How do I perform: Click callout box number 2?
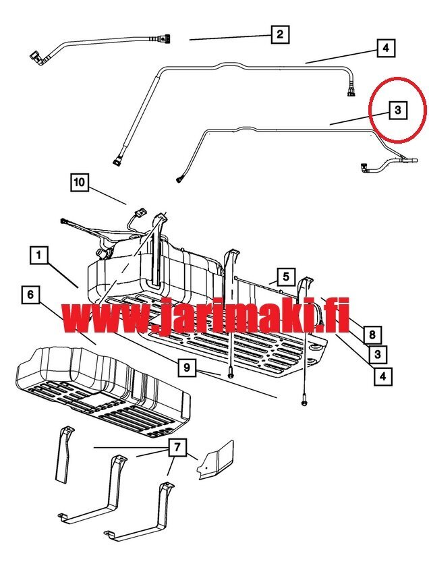[280, 34]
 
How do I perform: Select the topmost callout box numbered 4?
[387, 48]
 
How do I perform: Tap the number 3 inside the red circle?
[398, 110]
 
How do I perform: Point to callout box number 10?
[79, 182]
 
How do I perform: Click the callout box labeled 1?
[39, 255]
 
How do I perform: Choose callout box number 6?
[30, 294]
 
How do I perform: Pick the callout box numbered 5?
[286, 277]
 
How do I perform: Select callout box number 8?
[372, 335]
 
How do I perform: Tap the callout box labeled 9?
[187, 367]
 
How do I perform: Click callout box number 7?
[177, 447]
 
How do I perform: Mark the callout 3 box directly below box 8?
[378, 354]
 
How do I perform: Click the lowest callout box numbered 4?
[383, 376]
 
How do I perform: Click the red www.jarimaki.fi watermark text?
[205, 315]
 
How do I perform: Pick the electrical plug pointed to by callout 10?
[140, 212]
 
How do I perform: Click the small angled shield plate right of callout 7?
[216, 460]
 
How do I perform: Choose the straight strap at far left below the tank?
[63, 454]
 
